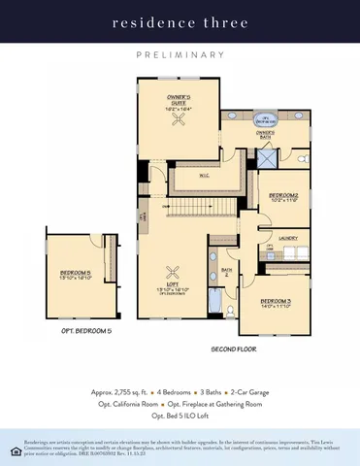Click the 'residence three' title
[180, 20]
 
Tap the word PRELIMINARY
[180, 56]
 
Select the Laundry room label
[287, 238]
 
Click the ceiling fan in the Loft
[176, 271]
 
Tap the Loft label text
[176, 286]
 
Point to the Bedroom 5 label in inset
[76, 275]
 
